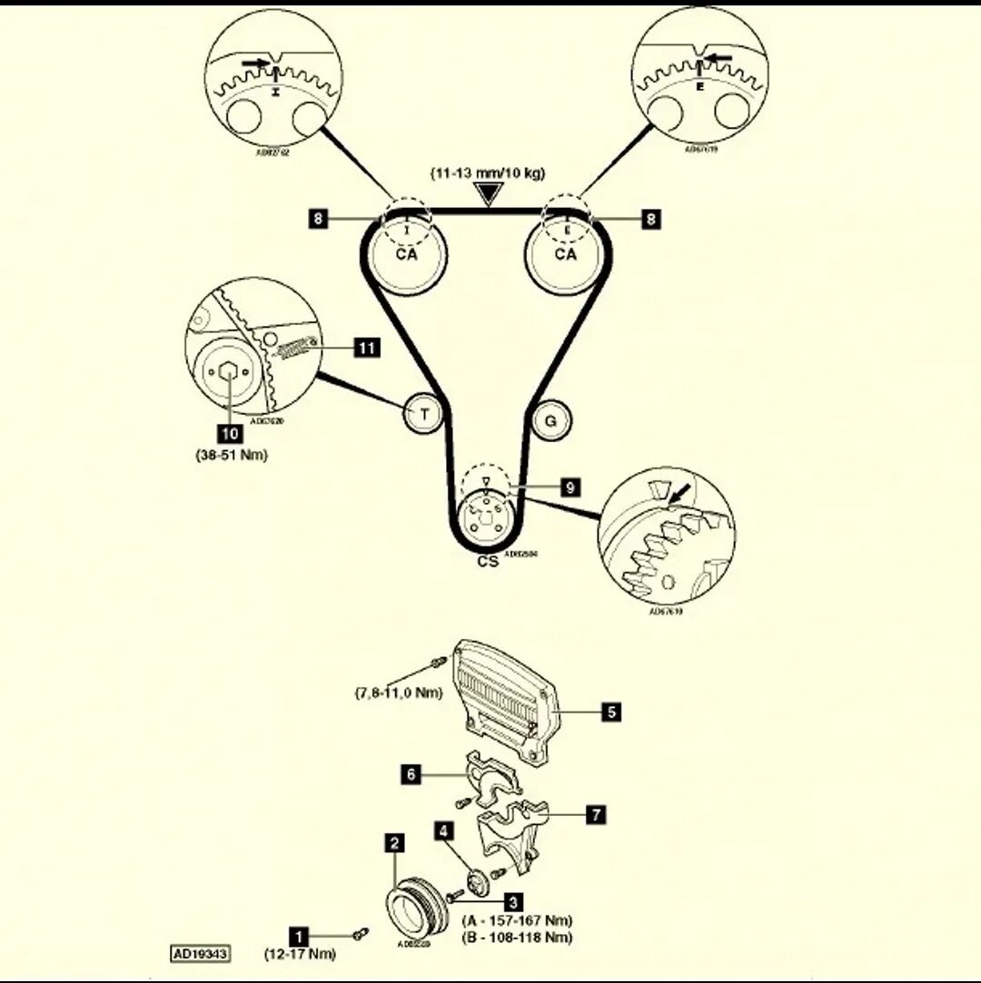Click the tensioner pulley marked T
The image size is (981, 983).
[x=423, y=415]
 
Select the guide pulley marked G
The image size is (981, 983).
[x=550, y=420]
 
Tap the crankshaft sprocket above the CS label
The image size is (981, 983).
[x=486, y=520]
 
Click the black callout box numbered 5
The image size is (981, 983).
[x=612, y=713]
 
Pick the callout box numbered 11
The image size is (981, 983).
[x=368, y=348]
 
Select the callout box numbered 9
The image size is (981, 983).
[x=570, y=488]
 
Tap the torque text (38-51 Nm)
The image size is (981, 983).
[x=231, y=455]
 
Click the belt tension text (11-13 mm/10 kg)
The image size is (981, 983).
[x=489, y=173]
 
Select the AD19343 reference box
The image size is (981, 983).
[x=200, y=954]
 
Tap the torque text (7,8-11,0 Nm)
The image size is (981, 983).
[x=399, y=693]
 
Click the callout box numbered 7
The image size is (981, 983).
[x=596, y=814]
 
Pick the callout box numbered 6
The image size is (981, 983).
[x=411, y=773]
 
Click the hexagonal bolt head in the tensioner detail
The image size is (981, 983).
[x=229, y=372]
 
